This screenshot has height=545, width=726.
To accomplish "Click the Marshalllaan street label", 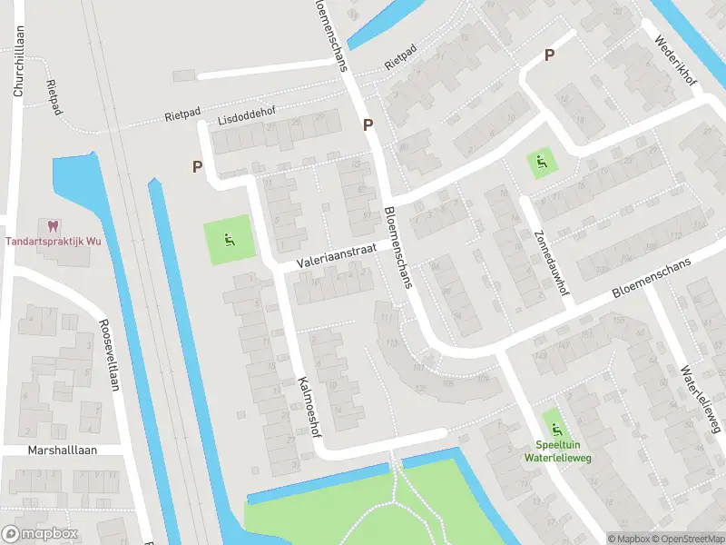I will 61,451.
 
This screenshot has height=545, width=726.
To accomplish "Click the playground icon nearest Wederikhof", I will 542,163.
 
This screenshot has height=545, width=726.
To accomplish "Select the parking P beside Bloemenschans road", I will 368,124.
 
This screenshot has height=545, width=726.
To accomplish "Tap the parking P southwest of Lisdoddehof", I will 197,166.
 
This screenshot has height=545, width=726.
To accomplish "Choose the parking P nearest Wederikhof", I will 549,54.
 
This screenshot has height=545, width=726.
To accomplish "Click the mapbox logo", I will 40,533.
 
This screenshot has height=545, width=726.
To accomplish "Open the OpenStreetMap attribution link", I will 687,539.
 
